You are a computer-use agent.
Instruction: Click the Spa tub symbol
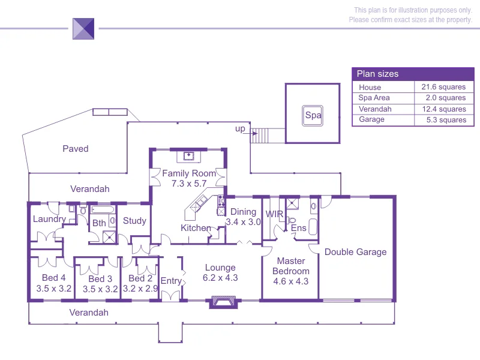click(312, 116)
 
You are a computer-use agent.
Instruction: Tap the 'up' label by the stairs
click(240, 129)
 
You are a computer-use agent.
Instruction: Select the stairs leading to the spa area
click(259, 136)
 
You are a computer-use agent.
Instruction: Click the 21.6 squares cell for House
click(443, 87)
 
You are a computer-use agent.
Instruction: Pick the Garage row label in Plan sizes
click(371, 119)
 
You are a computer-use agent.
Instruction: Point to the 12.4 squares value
click(444, 109)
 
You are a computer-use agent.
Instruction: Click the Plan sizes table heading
click(377, 74)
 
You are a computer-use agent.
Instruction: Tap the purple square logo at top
click(83, 29)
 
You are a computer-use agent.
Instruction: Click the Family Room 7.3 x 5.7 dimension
click(189, 184)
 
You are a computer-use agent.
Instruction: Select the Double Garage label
click(355, 252)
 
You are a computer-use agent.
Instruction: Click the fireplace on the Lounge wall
click(223, 302)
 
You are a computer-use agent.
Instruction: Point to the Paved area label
click(76, 149)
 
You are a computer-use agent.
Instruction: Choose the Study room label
click(134, 221)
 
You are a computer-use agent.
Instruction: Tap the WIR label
click(274, 214)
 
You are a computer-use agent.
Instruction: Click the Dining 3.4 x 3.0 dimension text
click(243, 221)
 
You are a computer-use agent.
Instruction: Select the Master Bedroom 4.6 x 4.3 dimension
click(290, 281)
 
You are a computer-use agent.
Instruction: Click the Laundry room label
click(49, 219)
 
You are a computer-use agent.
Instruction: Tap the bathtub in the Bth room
click(103, 209)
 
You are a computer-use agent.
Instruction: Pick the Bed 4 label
click(53, 278)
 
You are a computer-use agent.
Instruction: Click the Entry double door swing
click(170, 296)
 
